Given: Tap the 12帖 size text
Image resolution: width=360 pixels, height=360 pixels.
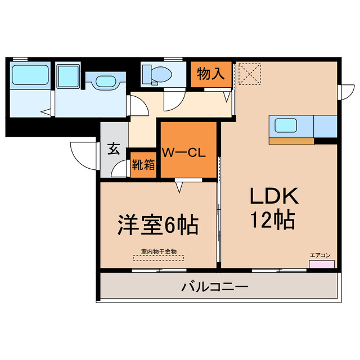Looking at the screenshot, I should coord(274,219).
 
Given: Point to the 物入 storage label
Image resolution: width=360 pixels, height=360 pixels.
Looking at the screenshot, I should coord(211,73).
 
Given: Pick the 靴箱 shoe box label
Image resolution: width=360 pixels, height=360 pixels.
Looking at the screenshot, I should coord(143,165).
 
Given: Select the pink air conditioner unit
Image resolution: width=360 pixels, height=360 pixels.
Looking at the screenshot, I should coord(321,264).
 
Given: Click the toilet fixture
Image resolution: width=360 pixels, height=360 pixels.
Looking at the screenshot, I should coord(157,74).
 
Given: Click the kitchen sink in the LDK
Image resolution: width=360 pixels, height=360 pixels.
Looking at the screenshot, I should coord(287,124).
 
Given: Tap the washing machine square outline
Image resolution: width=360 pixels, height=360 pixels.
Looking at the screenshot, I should coord(69,75).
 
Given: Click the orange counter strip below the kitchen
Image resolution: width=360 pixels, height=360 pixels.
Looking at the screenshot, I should coord(291,141).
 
